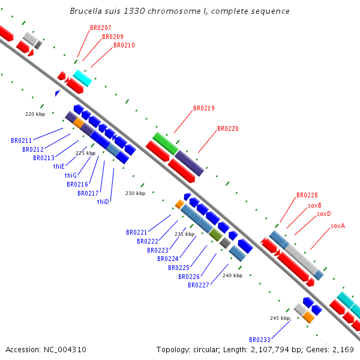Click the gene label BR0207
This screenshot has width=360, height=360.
tap(100, 28)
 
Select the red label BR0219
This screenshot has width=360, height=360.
tap(204, 109)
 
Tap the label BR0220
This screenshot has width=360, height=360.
tap(228, 128)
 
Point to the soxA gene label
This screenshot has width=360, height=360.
tap(338, 226)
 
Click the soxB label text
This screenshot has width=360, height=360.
tap(315, 205)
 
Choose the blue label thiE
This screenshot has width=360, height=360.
tap(59, 166)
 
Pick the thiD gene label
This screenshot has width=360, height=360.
tap(103, 202)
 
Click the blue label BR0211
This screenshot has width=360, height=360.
tap(22, 140)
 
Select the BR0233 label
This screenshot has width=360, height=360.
tap(260, 339)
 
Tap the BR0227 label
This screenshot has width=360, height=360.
tap(199, 285)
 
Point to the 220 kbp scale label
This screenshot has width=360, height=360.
tap(35, 113)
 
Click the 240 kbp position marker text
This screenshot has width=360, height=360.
tap(232, 275)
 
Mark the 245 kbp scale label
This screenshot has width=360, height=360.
tap(280, 317)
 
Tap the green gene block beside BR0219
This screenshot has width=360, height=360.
tap(166, 144)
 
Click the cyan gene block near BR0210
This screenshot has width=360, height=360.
tap(83, 78)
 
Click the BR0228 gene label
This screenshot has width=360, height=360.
tap(307, 195)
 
